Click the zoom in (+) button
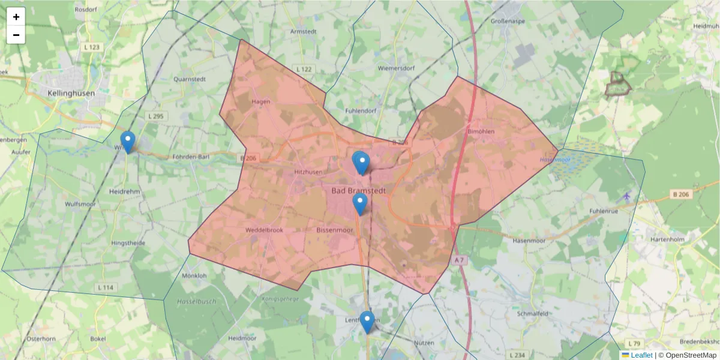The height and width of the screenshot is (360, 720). coord(16,17)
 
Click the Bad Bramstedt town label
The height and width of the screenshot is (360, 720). coord(358,190)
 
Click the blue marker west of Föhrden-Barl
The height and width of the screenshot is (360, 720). coord(128,142)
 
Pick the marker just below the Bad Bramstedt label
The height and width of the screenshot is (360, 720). coord(360,204)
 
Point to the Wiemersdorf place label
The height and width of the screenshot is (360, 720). coord(396,68)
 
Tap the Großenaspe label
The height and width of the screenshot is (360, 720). coord(509,20)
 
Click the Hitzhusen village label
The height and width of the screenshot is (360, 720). coord(308,172)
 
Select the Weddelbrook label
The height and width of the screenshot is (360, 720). coord(264,230)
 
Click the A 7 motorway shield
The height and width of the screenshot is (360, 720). coord(459,260)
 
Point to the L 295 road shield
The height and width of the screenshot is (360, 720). coord(155,116)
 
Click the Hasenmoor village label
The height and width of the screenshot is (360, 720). coord(529,240)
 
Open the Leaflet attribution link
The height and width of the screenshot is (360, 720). coord(641,355)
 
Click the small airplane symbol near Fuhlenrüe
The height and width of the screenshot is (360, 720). coord(627,196)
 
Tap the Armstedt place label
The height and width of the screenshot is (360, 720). coord(302,31)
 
